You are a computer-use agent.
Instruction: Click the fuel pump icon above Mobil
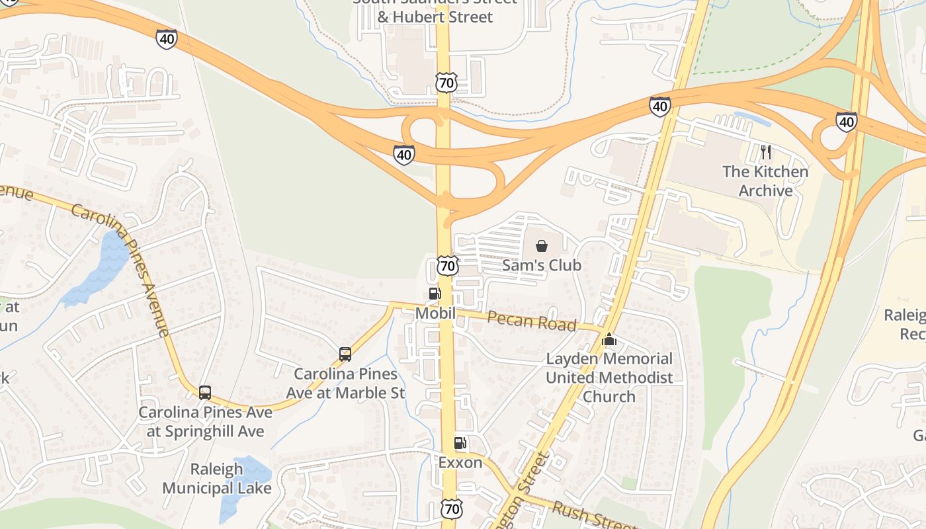point(435,294)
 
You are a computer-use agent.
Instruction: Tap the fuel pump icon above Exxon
point(460,443)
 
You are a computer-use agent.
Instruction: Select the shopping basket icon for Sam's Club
point(542,246)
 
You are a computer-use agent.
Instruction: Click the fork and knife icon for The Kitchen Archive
point(766,152)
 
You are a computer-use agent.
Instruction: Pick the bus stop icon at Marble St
point(345,354)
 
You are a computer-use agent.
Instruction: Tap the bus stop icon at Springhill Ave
point(205,392)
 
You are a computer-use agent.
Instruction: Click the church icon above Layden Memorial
point(609,340)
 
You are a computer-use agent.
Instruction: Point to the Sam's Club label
point(542,265)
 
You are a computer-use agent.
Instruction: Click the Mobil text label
point(435,313)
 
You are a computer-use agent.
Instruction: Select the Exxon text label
point(460,462)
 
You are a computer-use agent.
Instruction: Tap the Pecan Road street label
point(532,321)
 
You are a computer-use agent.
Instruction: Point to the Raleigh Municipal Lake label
point(217,479)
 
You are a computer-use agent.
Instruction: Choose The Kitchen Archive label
point(765,181)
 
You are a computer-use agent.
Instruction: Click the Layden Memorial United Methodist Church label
point(609,378)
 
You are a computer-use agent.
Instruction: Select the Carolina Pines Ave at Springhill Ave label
point(205,422)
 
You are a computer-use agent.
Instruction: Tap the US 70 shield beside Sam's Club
point(448,266)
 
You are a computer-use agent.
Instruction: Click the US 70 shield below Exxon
point(452,509)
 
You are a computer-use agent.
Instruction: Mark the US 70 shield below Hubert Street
point(446,83)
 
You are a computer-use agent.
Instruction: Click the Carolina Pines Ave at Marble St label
point(345,383)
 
